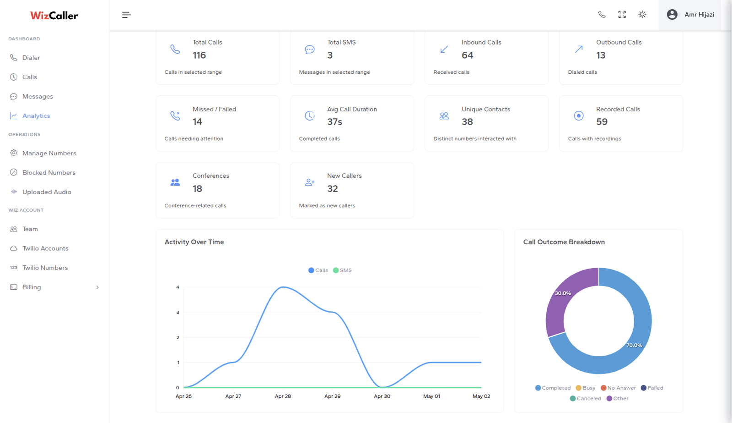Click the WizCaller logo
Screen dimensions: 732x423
[x=54, y=16]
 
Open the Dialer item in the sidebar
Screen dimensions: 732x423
[x=31, y=58]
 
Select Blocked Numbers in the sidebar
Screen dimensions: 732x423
[x=48, y=172]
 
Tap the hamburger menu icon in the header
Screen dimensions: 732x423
[x=126, y=15]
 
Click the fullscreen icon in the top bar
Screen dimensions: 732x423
[x=622, y=14]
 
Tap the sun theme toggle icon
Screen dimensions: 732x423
[x=642, y=14]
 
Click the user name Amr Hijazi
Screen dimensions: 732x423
[x=700, y=14]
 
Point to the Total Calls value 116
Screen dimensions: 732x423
[x=199, y=55]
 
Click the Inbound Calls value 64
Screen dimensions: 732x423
[x=467, y=55]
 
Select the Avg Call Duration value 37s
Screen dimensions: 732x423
[x=334, y=122]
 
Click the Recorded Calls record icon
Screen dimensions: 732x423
[x=579, y=115]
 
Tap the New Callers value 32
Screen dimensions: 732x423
[x=332, y=188]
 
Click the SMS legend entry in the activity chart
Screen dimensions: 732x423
[x=343, y=270]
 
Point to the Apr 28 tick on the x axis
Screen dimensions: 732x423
[x=283, y=396]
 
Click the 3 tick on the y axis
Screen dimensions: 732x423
[x=178, y=313]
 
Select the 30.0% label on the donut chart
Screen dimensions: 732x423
[x=563, y=293]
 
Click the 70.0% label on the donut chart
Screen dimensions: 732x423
[x=634, y=345]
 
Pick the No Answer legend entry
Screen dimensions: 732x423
[x=618, y=388]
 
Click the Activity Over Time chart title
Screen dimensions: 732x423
[x=194, y=242]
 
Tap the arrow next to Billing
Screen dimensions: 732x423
[x=97, y=287]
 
